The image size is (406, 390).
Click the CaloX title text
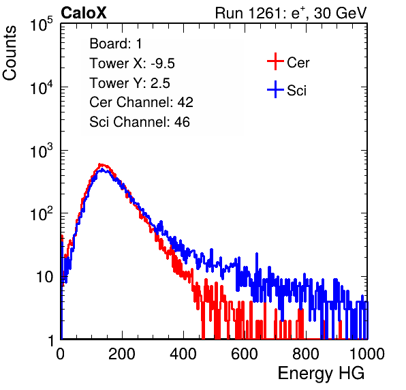84,13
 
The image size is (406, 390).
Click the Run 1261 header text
291,13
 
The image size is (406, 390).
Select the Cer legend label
298,63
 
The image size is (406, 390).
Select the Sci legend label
297,91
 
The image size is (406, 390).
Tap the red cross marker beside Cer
275,61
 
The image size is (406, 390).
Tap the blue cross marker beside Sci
275,89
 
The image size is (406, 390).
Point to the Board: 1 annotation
116,44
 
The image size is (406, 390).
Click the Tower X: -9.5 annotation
132,63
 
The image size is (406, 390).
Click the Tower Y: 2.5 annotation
129,83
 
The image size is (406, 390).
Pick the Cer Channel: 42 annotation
142,102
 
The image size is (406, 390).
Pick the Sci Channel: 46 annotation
140,122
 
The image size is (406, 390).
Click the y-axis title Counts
10,53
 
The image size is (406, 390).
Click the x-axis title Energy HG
321,374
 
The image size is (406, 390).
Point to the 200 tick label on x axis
122,353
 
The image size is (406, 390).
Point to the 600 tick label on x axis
245,353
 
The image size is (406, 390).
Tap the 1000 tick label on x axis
367,353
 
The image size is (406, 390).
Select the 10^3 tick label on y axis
42,151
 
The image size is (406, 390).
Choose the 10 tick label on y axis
44,277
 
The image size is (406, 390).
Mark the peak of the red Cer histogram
100,164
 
